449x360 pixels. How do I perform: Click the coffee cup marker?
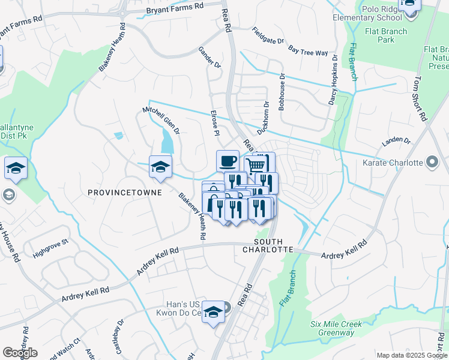[x=228, y=161]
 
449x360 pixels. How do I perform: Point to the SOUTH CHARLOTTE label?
[x=268, y=245]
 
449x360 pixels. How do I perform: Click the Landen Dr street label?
[x=396, y=142]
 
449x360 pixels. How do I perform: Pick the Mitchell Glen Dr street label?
[x=161, y=120]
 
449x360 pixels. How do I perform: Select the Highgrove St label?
[x=51, y=247]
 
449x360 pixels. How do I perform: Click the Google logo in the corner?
[x=20, y=353]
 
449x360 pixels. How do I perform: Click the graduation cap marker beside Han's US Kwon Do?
[x=212, y=312]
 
